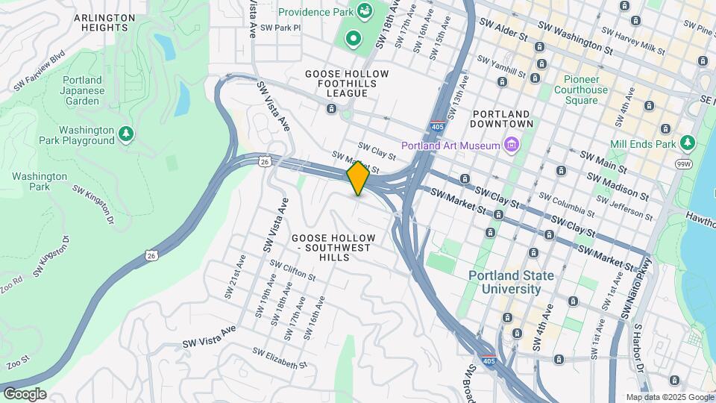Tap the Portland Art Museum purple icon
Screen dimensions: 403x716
(x=512, y=144)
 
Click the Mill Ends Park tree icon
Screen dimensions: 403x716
(x=687, y=143)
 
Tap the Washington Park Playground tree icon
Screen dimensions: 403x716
(x=127, y=134)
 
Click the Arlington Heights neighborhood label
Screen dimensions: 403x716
(x=104, y=22)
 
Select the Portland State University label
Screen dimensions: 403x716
(x=512, y=282)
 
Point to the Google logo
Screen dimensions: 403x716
(x=25, y=393)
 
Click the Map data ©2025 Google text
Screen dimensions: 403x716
(x=669, y=397)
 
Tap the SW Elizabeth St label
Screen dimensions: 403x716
(x=279, y=358)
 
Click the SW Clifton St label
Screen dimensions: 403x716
(x=293, y=270)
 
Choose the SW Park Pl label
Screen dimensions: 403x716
(x=277, y=28)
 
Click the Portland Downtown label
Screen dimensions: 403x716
(x=503, y=118)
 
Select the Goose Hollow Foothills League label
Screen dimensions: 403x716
(x=347, y=84)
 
